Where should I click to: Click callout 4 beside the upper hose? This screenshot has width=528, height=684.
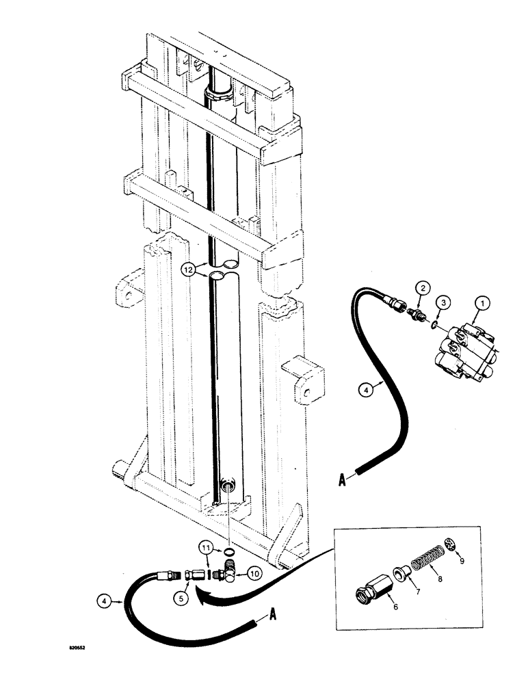(x=365, y=391)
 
